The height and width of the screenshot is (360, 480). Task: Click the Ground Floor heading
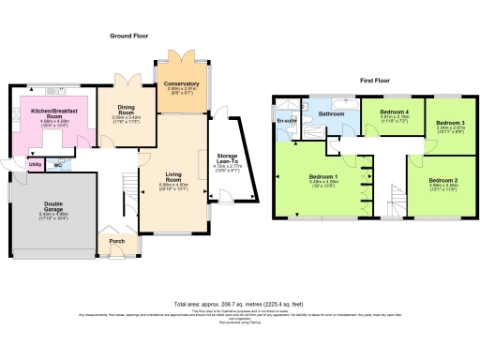click(127, 35)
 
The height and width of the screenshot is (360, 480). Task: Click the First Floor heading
click(375, 81)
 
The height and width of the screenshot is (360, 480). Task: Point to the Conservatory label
click(181, 84)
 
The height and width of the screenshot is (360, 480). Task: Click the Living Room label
click(174, 175)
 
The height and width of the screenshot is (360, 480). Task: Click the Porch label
click(117, 240)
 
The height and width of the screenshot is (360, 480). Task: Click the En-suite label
click(285, 121)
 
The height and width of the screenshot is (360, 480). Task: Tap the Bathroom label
click(332, 114)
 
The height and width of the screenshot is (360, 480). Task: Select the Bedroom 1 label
click(324, 174)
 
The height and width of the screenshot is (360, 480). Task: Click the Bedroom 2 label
click(442, 179)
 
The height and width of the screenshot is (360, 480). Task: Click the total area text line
click(240, 305)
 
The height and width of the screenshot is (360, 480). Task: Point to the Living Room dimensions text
click(174, 187)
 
